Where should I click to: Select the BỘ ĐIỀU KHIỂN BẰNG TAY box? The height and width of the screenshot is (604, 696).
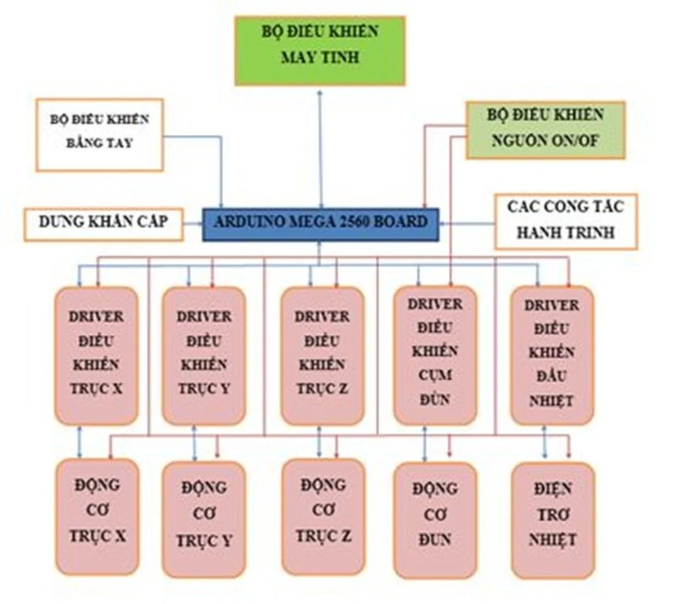point(99,133)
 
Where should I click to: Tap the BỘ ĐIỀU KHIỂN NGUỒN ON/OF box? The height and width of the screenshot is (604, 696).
point(545,130)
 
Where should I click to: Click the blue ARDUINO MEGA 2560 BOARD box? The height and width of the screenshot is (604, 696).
point(320,223)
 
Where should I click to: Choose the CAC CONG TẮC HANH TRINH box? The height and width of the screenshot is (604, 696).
point(565,221)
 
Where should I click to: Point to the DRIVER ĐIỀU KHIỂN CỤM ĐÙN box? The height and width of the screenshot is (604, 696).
point(435,354)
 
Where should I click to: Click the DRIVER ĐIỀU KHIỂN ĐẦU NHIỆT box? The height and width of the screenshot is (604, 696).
point(552,354)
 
